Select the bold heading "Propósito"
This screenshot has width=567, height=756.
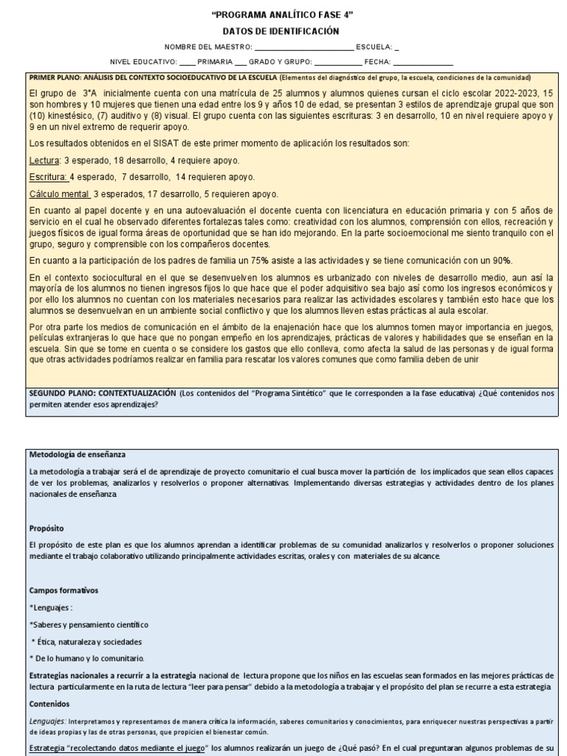click(46, 529)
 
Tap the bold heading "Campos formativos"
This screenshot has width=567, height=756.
click(64, 591)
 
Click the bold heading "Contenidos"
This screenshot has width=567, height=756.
click(49, 704)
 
